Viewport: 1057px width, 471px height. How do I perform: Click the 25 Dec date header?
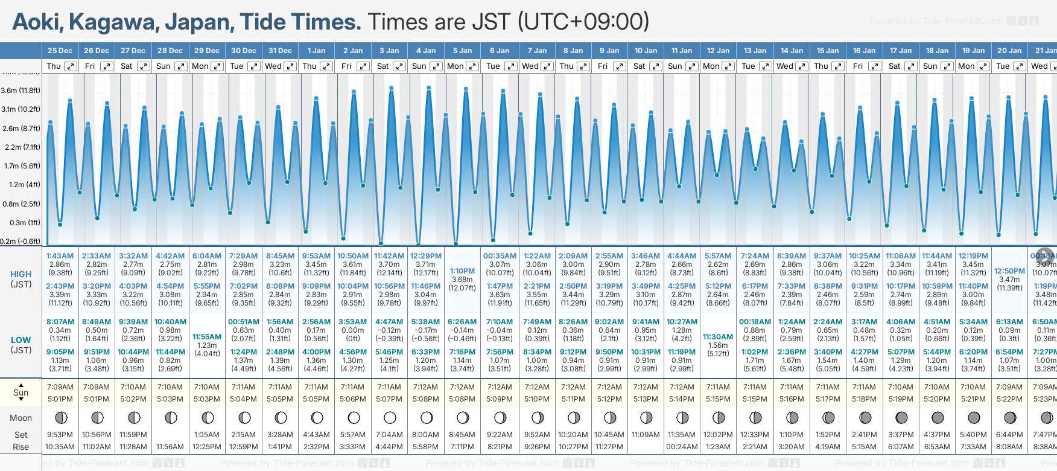coord(60,51)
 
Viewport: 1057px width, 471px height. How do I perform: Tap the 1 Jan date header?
coord(316,51)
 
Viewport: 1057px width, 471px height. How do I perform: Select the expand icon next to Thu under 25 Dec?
coord(71,66)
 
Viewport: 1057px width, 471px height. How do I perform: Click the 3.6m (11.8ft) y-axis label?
coord(21,91)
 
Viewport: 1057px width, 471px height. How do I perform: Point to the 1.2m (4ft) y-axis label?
coord(21,185)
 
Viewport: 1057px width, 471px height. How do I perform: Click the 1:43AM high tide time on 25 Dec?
coord(60,256)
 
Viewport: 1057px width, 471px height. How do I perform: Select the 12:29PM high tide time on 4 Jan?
coord(426,256)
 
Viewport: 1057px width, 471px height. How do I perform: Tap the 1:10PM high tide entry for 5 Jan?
coord(462,271)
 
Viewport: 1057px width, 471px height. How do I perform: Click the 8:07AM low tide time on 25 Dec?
coord(60,322)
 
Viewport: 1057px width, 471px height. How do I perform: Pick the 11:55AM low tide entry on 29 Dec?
coord(207,336)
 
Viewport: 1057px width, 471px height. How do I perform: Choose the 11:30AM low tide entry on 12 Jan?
coord(718,336)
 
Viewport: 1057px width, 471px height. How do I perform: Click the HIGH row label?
coord(21,274)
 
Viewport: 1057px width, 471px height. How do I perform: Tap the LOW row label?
coord(21,340)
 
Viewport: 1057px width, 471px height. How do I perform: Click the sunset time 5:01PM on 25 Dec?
coord(60,399)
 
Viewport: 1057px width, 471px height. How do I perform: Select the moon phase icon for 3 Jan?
coord(390,417)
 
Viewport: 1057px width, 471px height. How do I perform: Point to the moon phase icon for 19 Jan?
coord(973,417)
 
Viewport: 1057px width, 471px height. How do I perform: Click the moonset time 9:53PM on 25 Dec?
coord(60,435)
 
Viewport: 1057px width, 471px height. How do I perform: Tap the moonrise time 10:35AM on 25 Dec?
coord(60,447)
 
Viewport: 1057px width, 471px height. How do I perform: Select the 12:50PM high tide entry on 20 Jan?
coord(1009,271)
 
